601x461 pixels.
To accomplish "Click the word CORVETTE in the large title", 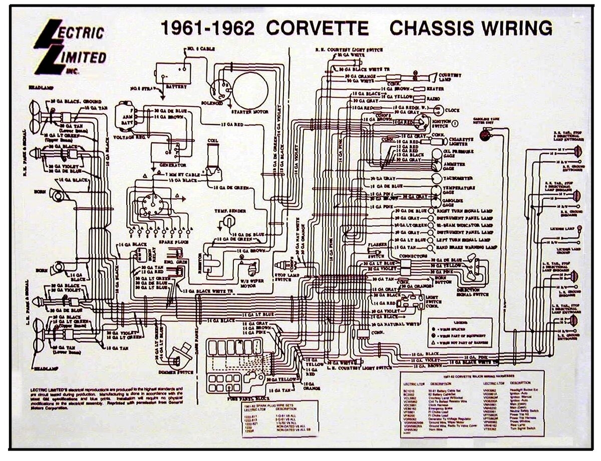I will (317, 28).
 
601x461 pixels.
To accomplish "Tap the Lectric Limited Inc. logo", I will (70, 48).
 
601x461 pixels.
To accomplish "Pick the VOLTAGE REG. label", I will (129, 137).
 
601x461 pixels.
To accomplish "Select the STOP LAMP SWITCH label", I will (287, 277).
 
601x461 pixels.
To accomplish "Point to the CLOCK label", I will (453, 110).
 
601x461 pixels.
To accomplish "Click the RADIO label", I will (434, 99).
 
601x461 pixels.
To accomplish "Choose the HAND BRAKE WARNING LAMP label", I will (465, 248).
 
